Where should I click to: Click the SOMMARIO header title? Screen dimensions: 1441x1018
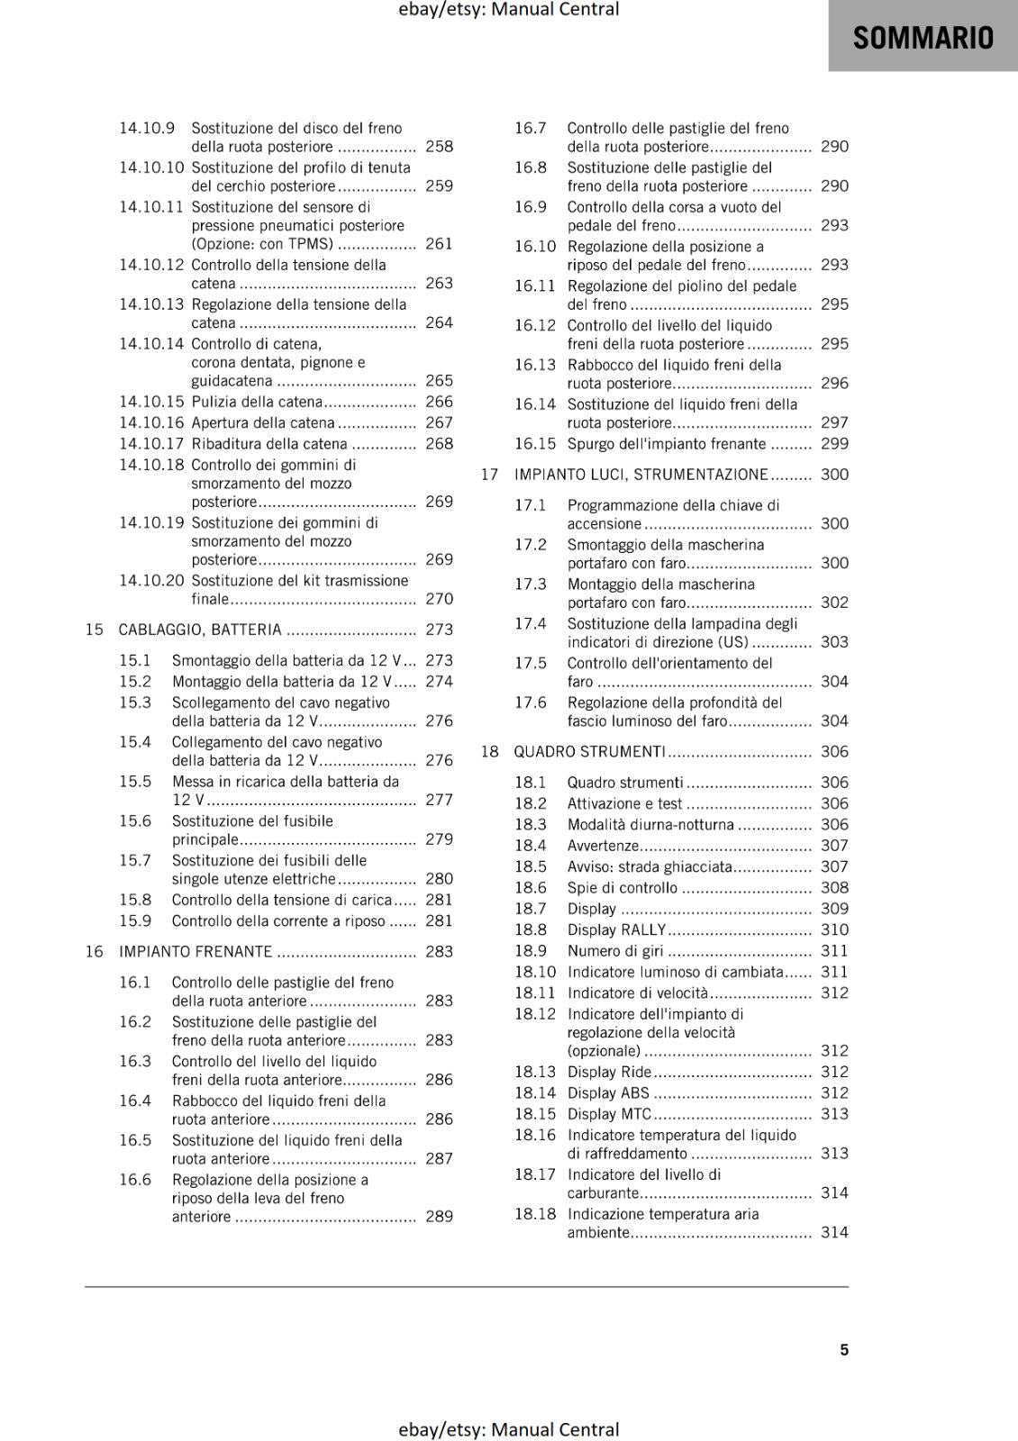pos(923,38)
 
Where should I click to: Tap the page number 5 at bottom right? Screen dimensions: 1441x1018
pos(844,1349)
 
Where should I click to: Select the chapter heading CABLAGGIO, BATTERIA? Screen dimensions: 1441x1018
pos(200,630)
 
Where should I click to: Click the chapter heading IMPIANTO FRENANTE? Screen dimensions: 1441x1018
pos(195,951)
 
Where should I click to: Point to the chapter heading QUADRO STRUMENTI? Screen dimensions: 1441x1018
pos(589,751)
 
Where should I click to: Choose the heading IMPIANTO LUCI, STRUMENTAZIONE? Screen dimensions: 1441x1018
pos(641,475)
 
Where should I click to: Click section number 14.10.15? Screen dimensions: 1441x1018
pos(151,402)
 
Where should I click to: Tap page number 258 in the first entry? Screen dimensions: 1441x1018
pos(439,146)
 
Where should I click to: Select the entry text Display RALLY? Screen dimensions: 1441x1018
pos(616,929)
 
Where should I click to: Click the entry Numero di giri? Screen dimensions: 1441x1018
pos(615,950)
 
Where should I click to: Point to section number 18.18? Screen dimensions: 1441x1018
pos(535,1213)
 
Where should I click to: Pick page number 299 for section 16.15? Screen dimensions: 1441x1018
pos(834,443)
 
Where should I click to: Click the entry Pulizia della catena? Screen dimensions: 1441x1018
pos(257,402)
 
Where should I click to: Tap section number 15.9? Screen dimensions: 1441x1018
pos(135,920)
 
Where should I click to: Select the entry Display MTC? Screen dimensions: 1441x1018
pos(609,1113)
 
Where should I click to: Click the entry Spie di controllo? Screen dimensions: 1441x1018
pos(623,887)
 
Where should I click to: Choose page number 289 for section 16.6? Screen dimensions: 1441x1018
pos(439,1216)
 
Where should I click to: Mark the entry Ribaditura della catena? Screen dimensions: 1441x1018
pos(269,443)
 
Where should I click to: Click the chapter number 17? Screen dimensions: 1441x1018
pos(489,475)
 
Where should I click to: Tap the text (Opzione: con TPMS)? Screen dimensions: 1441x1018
pos(262,243)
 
